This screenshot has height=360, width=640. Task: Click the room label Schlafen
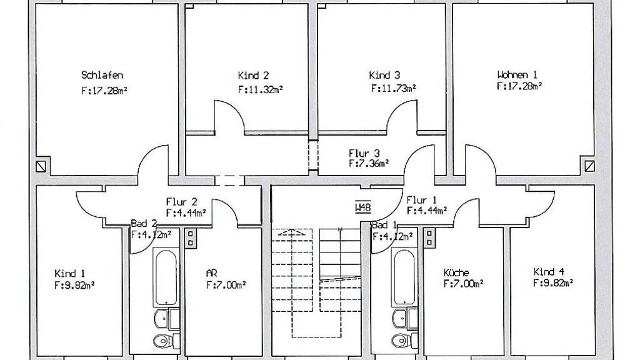point(102,75)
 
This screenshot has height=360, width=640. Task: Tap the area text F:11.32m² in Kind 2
point(261,89)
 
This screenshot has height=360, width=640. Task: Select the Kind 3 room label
point(384,75)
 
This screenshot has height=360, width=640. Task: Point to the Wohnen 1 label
point(517,74)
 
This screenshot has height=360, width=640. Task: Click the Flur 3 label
point(364,154)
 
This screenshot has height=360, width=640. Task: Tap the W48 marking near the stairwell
point(363,207)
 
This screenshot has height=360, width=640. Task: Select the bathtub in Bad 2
point(166,277)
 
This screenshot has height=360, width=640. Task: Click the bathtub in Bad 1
point(404,277)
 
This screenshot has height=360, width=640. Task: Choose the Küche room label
point(456,272)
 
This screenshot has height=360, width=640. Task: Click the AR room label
point(211,273)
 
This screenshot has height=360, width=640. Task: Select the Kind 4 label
point(549,272)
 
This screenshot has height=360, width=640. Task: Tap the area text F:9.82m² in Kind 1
point(74,285)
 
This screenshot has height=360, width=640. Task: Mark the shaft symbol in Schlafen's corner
point(41,166)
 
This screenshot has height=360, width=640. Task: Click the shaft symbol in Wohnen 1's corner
point(590,166)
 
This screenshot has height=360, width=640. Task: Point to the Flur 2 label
point(182,202)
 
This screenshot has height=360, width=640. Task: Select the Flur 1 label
point(422,201)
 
